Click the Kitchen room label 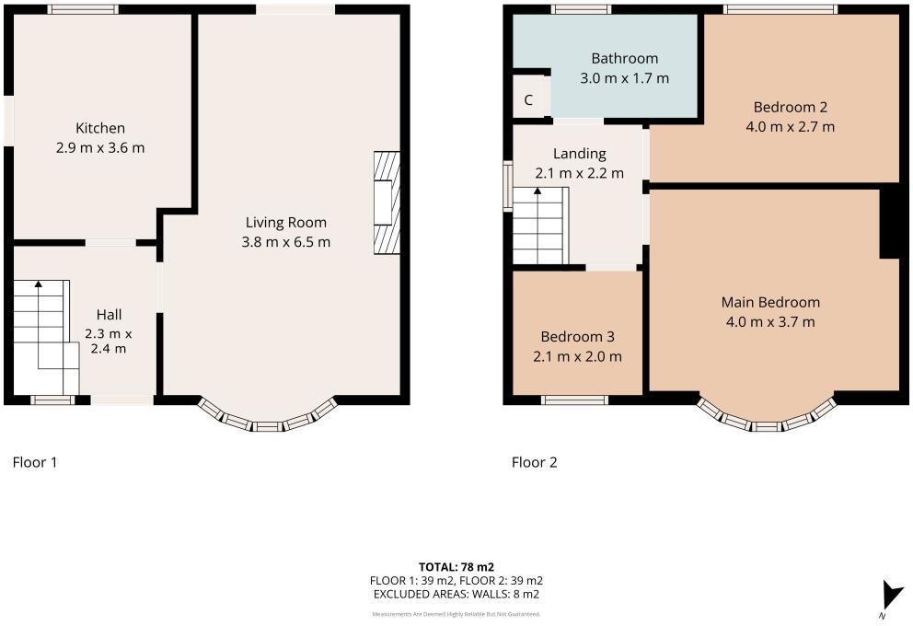coord(100,128)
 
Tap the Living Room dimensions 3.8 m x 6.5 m coord(286,242)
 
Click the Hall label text coord(110,315)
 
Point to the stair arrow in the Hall coord(39,286)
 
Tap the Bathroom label coord(625,59)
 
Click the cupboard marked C coord(528,100)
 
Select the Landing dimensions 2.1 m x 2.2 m coord(580,172)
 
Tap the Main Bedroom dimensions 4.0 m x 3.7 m coord(770,322)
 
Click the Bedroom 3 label coord(577,337)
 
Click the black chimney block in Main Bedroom coord(889,222)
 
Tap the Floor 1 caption coord(35,462)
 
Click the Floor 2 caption coord(535,462)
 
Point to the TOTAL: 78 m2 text coord(456,566)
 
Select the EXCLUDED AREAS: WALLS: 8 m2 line coord(456,595)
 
